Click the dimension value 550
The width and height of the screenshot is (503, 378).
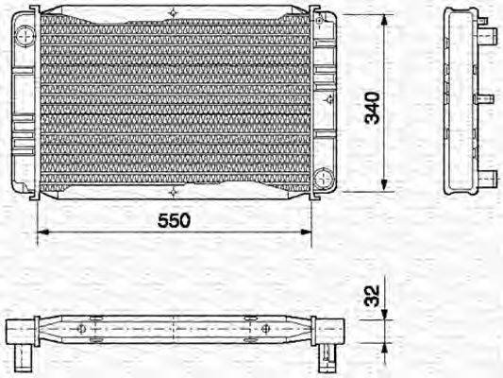pyautogui.click(x=174, y=219)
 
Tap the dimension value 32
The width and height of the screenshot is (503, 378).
pyautogui.click(x=374, y=299)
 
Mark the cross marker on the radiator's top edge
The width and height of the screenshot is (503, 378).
pyautogui.click(x=174, y=13)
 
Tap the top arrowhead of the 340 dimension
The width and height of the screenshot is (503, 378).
pyautogui.click(x=384, y=22)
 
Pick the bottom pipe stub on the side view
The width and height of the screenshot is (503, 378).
pyautogui.click(x=489, y=176)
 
